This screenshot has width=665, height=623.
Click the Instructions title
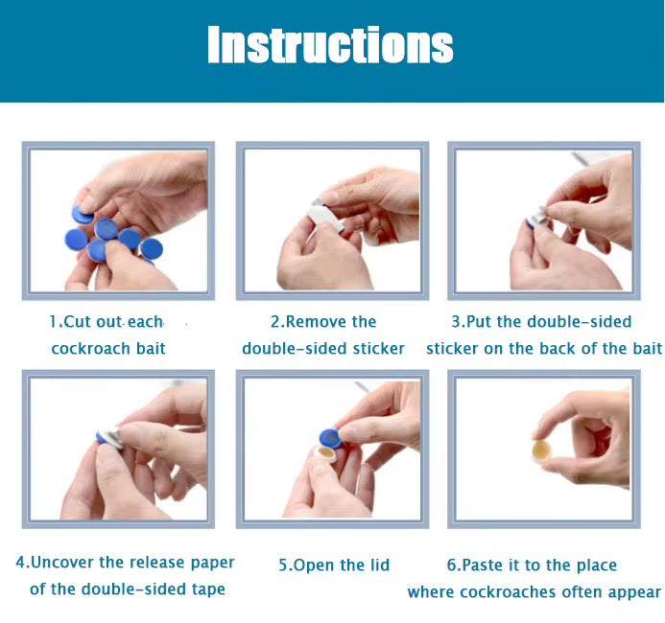(x=330, y=44)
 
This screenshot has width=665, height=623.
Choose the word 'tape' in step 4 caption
(x=208, y=589)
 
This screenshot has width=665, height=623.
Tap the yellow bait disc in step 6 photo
(x=541, y=450)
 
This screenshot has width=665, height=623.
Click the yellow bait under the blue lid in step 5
(x=326, y=454)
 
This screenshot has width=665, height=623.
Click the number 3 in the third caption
(x=456, y=322)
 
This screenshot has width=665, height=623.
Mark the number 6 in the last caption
(x=451, y=565)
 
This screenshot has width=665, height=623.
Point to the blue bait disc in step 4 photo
(x=102, y=437)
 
